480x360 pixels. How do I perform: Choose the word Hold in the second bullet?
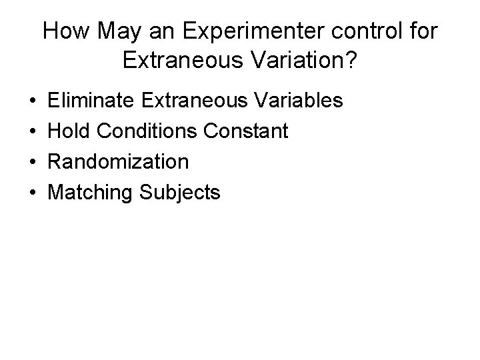[70, 131]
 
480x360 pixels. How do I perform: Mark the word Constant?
[247, 131]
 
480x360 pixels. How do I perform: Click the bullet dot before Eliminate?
[32, 101]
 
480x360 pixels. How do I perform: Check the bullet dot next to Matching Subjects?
[32, 193]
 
